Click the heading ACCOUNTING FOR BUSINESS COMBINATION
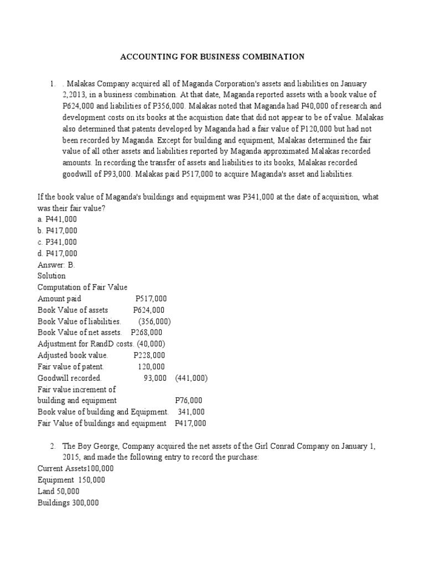(213, 56)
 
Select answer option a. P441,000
(58, 219)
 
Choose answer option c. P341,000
(58, 242)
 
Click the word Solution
(51, 276)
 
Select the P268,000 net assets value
(147, 333)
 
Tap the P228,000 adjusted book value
(149, 355)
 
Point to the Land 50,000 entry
(59, 491)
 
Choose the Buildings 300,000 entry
(68, 503)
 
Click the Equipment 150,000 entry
(71, 480)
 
